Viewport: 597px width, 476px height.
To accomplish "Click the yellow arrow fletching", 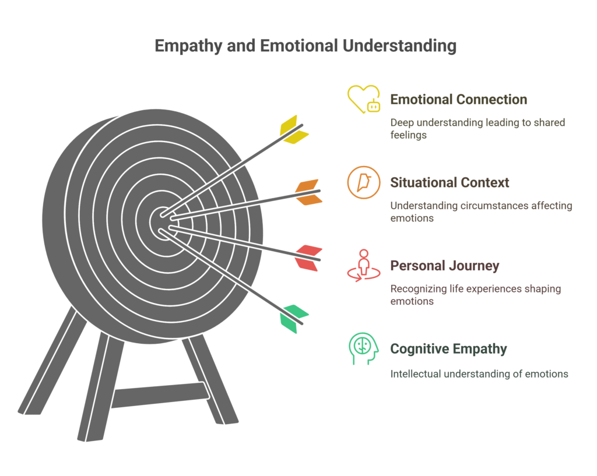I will coord(293,130).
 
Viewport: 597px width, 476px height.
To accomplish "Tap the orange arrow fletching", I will coord(308,192).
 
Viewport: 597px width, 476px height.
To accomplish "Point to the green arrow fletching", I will coord(293,318).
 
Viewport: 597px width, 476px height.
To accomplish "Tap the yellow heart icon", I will coord(362,98).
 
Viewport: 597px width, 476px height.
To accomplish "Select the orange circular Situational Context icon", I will coord(363,182).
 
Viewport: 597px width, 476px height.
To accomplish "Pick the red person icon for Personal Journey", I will coord(363,266).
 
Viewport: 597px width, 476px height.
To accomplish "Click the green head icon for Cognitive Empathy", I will coord(363,349).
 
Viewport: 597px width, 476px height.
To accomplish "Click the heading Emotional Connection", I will coord(458,100).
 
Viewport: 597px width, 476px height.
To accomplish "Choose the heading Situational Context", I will coord(449,183).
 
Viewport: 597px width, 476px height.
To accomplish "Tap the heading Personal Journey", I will coord(444,266).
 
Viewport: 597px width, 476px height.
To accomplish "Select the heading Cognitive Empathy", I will coord(448,350).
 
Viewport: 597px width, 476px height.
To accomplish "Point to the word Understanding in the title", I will coord(399,47).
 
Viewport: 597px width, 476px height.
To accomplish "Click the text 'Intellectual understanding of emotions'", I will coord(479,374).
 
